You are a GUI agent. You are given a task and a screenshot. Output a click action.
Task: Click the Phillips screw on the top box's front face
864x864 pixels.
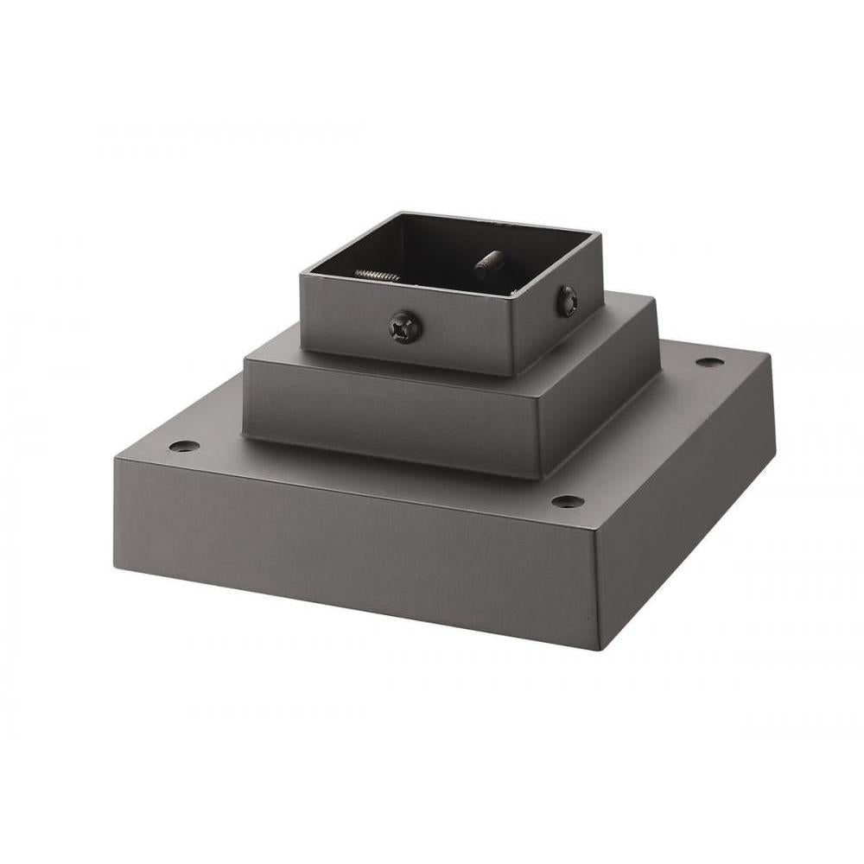tap(405, 327)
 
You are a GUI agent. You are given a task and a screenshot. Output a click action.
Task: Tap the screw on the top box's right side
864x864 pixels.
tap(567, 301)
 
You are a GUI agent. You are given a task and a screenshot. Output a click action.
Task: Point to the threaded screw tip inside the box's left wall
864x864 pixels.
tap(378, 276)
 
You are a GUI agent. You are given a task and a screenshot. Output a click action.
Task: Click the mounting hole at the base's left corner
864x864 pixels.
tap(183, 447)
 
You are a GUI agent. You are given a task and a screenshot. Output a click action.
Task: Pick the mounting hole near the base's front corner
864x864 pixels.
tap(566, 501)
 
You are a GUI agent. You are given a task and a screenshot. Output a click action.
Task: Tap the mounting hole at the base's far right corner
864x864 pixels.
tap(708, 362)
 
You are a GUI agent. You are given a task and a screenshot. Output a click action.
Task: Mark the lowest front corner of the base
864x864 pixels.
tap(598, 651)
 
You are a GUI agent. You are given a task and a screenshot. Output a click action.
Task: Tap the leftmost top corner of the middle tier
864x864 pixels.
tap(245, 360)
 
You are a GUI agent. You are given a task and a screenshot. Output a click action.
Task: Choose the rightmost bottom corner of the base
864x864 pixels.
tap(774, 467)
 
